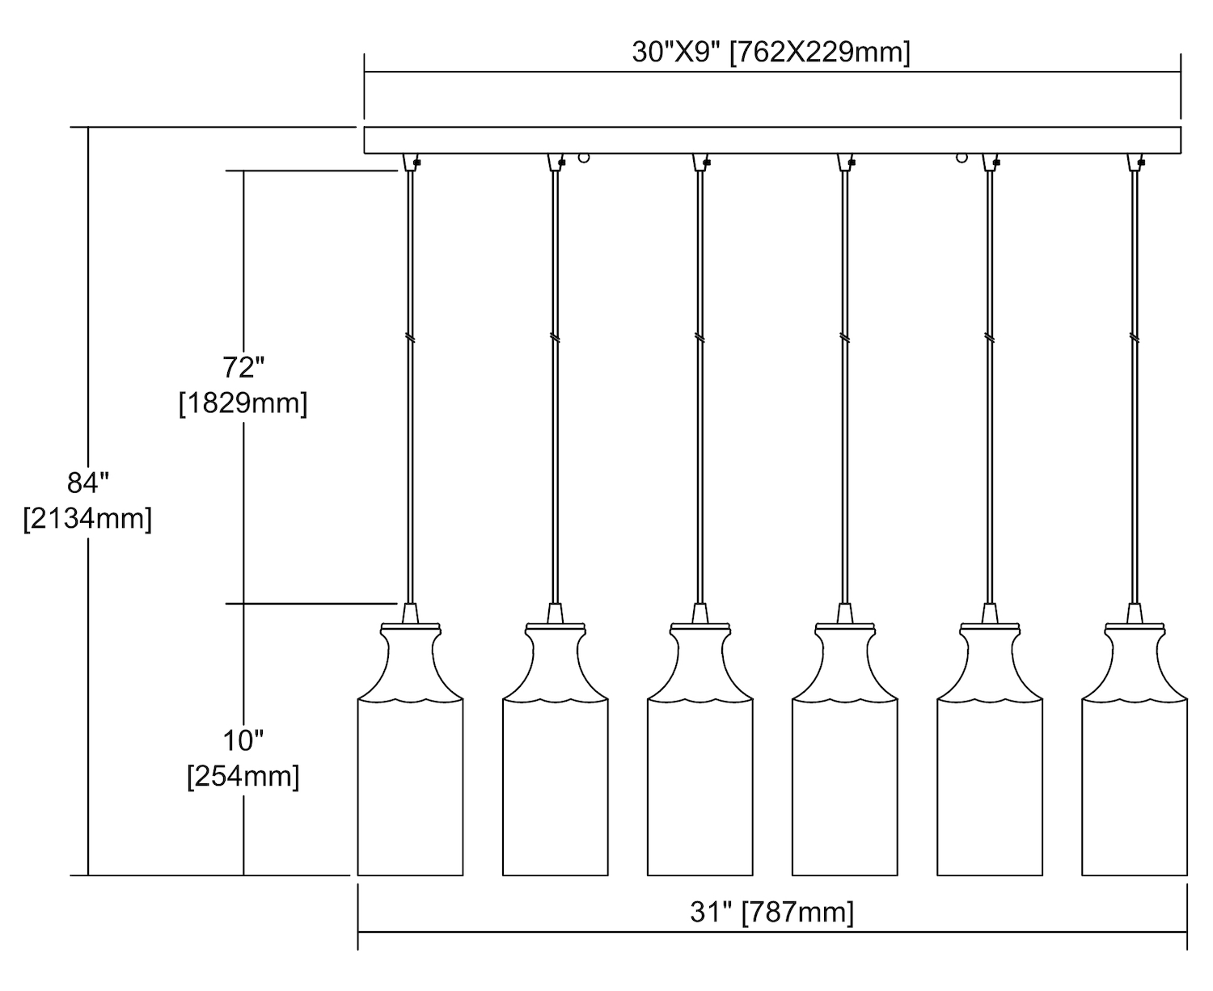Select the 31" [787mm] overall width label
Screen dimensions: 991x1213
point(771,913)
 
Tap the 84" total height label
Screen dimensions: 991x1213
point(87,483)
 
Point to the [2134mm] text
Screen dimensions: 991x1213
point(87,519)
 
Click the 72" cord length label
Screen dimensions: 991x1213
point(243,368)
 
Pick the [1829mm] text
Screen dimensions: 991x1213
point(243,403)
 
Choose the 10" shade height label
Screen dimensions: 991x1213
point(243,740)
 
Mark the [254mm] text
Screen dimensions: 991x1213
point(243,777)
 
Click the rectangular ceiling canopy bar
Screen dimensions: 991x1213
point(772,140)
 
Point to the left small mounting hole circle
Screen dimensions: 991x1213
point(584,158)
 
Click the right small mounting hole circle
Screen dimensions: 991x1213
point(962,158)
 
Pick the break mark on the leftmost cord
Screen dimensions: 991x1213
point(410,339)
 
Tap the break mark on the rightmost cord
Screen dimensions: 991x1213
point(1135,337)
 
